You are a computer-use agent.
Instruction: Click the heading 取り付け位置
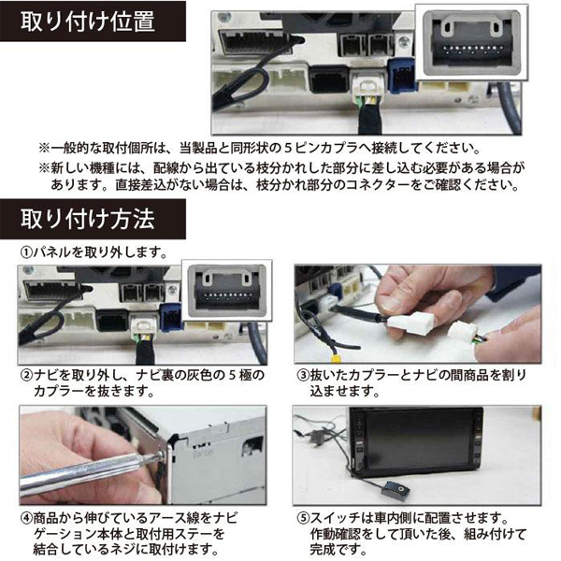[88, 22]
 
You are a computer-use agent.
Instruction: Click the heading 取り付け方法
[88, 219]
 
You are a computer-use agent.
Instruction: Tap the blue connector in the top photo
[400, 76]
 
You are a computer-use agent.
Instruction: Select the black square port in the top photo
[328, 79]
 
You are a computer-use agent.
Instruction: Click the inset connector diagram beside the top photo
[471, 42]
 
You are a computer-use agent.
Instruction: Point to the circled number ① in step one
[26, 252]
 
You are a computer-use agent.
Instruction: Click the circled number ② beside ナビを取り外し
[26, 376]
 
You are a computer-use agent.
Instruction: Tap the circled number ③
[303, 376]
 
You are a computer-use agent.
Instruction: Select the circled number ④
[26, 519]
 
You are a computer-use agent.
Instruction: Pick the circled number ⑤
[303, 519]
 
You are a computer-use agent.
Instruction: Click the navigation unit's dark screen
[416, 439]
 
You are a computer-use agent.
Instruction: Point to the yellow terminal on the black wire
[336, 357]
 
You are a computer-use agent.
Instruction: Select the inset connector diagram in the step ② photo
[227, 291]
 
